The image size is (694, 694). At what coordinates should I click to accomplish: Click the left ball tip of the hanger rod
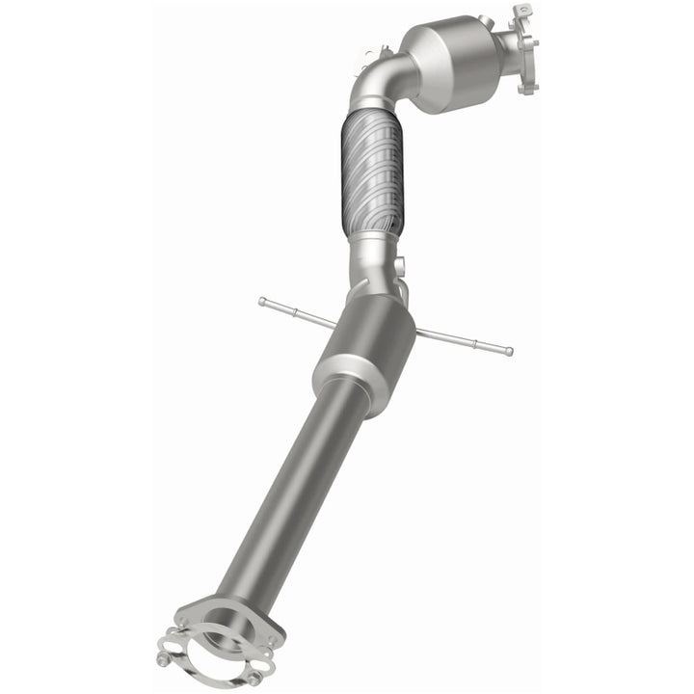coord(261,302)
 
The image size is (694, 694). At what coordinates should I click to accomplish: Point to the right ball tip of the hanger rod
coord(509,352)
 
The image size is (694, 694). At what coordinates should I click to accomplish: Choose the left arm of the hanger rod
coord(299,312)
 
